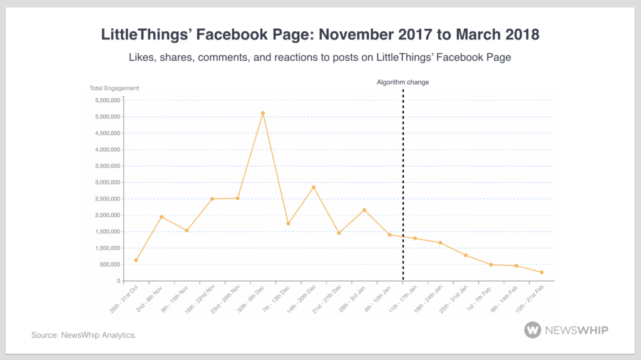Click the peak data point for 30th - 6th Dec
click(x=263, y=113)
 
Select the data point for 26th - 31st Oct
click(x=136, y=260)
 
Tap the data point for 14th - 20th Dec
click(x=314, y=187)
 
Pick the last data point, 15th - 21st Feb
click(x=541, y=272)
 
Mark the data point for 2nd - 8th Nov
click(x=162, y=217)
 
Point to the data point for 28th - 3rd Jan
click(x=364, y=210)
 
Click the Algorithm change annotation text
click(x=403, y=82)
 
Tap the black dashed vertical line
click(x=403, y=188)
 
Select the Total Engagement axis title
click(x=114, y=88)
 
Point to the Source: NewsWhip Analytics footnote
click(x=84, y=335)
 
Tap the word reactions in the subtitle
click(x=322, y=58)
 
